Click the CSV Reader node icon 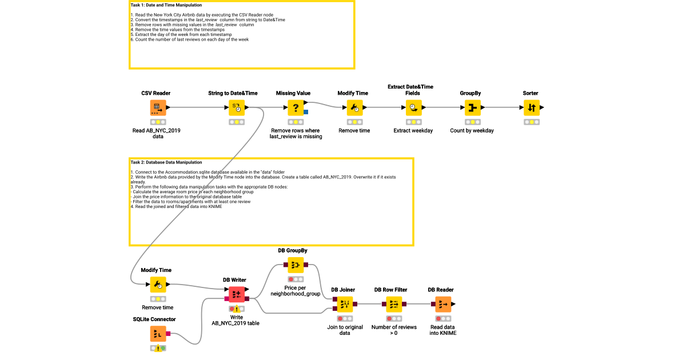pyautogui.click(x=158, y=108)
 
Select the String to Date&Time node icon pyautogui.click(x=237, y=108)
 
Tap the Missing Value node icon pyautogui.click(x=296, y=108)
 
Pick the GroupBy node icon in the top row pyautogui.click(x=472, y=108)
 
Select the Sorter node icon pyautogui.click(x=531, y=108)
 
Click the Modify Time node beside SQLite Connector pyautogui.click(x=158, y=285)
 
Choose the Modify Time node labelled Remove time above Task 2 pyautogui.click(x=354, y=108)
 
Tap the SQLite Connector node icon pyautogui.click(x=158, y=334)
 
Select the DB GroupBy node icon pyautogui.click(x=296, y=265)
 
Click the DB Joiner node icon pyautogui.click(x=345, y=305)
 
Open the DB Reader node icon pyautogui.click(x=443, y=305)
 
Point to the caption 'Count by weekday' pyautogui.click(x=472, y=131)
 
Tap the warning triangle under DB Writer pyautogui.click(x=237, y=309)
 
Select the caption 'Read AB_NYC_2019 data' pyautogui.click(x=156, y=134)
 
